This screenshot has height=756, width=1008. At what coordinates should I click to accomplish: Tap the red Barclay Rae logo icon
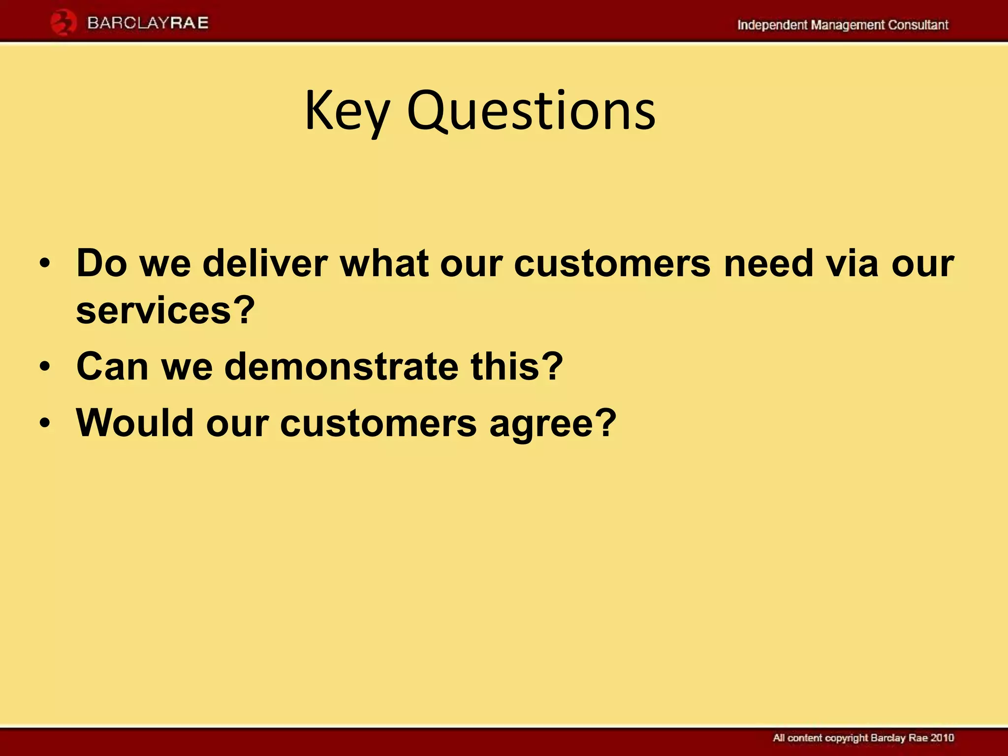[x=63, y=24]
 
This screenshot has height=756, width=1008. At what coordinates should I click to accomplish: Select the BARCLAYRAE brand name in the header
[x=148, y=23]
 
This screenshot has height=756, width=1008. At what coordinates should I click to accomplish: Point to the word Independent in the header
[x=772, y=25]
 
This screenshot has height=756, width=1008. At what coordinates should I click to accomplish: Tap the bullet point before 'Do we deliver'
[x=45, y=263]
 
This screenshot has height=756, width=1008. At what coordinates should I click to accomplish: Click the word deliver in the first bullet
[x=265, y=263]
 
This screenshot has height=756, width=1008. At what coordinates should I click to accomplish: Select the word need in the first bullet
[x=768, y=263]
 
